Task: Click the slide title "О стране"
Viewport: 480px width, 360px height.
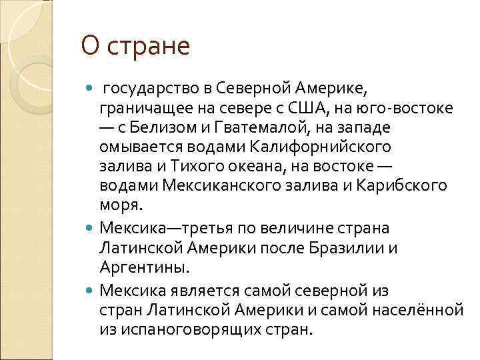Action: coord(135,47)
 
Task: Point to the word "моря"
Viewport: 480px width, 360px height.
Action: coord(121,204)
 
